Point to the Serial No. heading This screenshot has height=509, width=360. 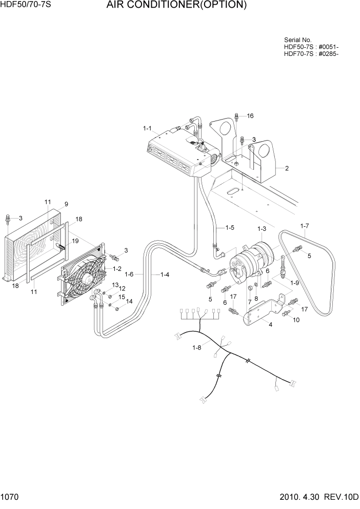point(297,40)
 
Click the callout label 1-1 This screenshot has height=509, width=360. point(148,128)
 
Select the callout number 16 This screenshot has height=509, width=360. point(250,116)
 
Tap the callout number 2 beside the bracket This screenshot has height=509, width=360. point(287,168)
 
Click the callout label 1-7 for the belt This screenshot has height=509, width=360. point(305,225)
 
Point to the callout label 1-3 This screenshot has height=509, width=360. point(262,228)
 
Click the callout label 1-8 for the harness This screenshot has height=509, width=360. point(197,348)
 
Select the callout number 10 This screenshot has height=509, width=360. point(297,320)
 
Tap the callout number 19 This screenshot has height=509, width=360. point(75,241)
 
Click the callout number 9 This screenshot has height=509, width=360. point(66,203)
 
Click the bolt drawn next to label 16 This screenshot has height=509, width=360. point(237,116)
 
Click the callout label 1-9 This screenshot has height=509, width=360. point(295,283)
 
